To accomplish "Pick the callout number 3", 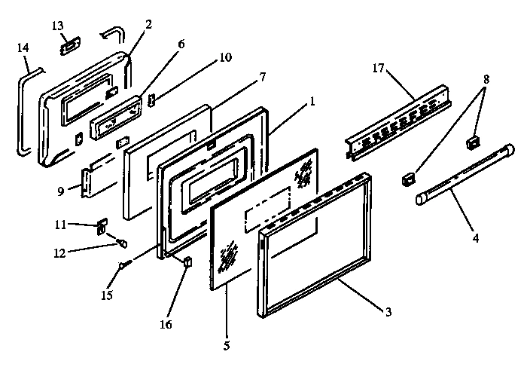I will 388,312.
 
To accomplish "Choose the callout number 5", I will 227,346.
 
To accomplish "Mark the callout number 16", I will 166,325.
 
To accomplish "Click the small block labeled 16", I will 187,261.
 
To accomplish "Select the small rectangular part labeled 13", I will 67,46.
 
